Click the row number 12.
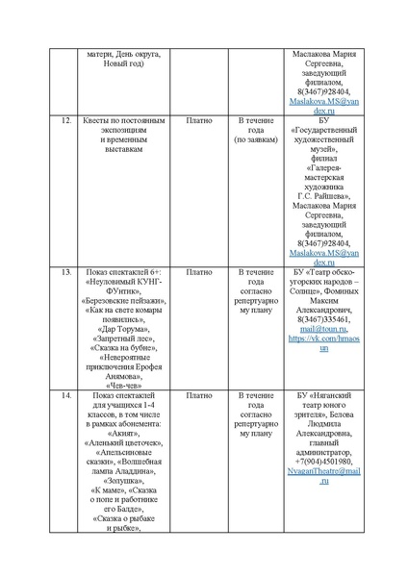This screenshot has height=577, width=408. pos(66,122)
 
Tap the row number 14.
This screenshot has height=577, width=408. pos(66,395)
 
